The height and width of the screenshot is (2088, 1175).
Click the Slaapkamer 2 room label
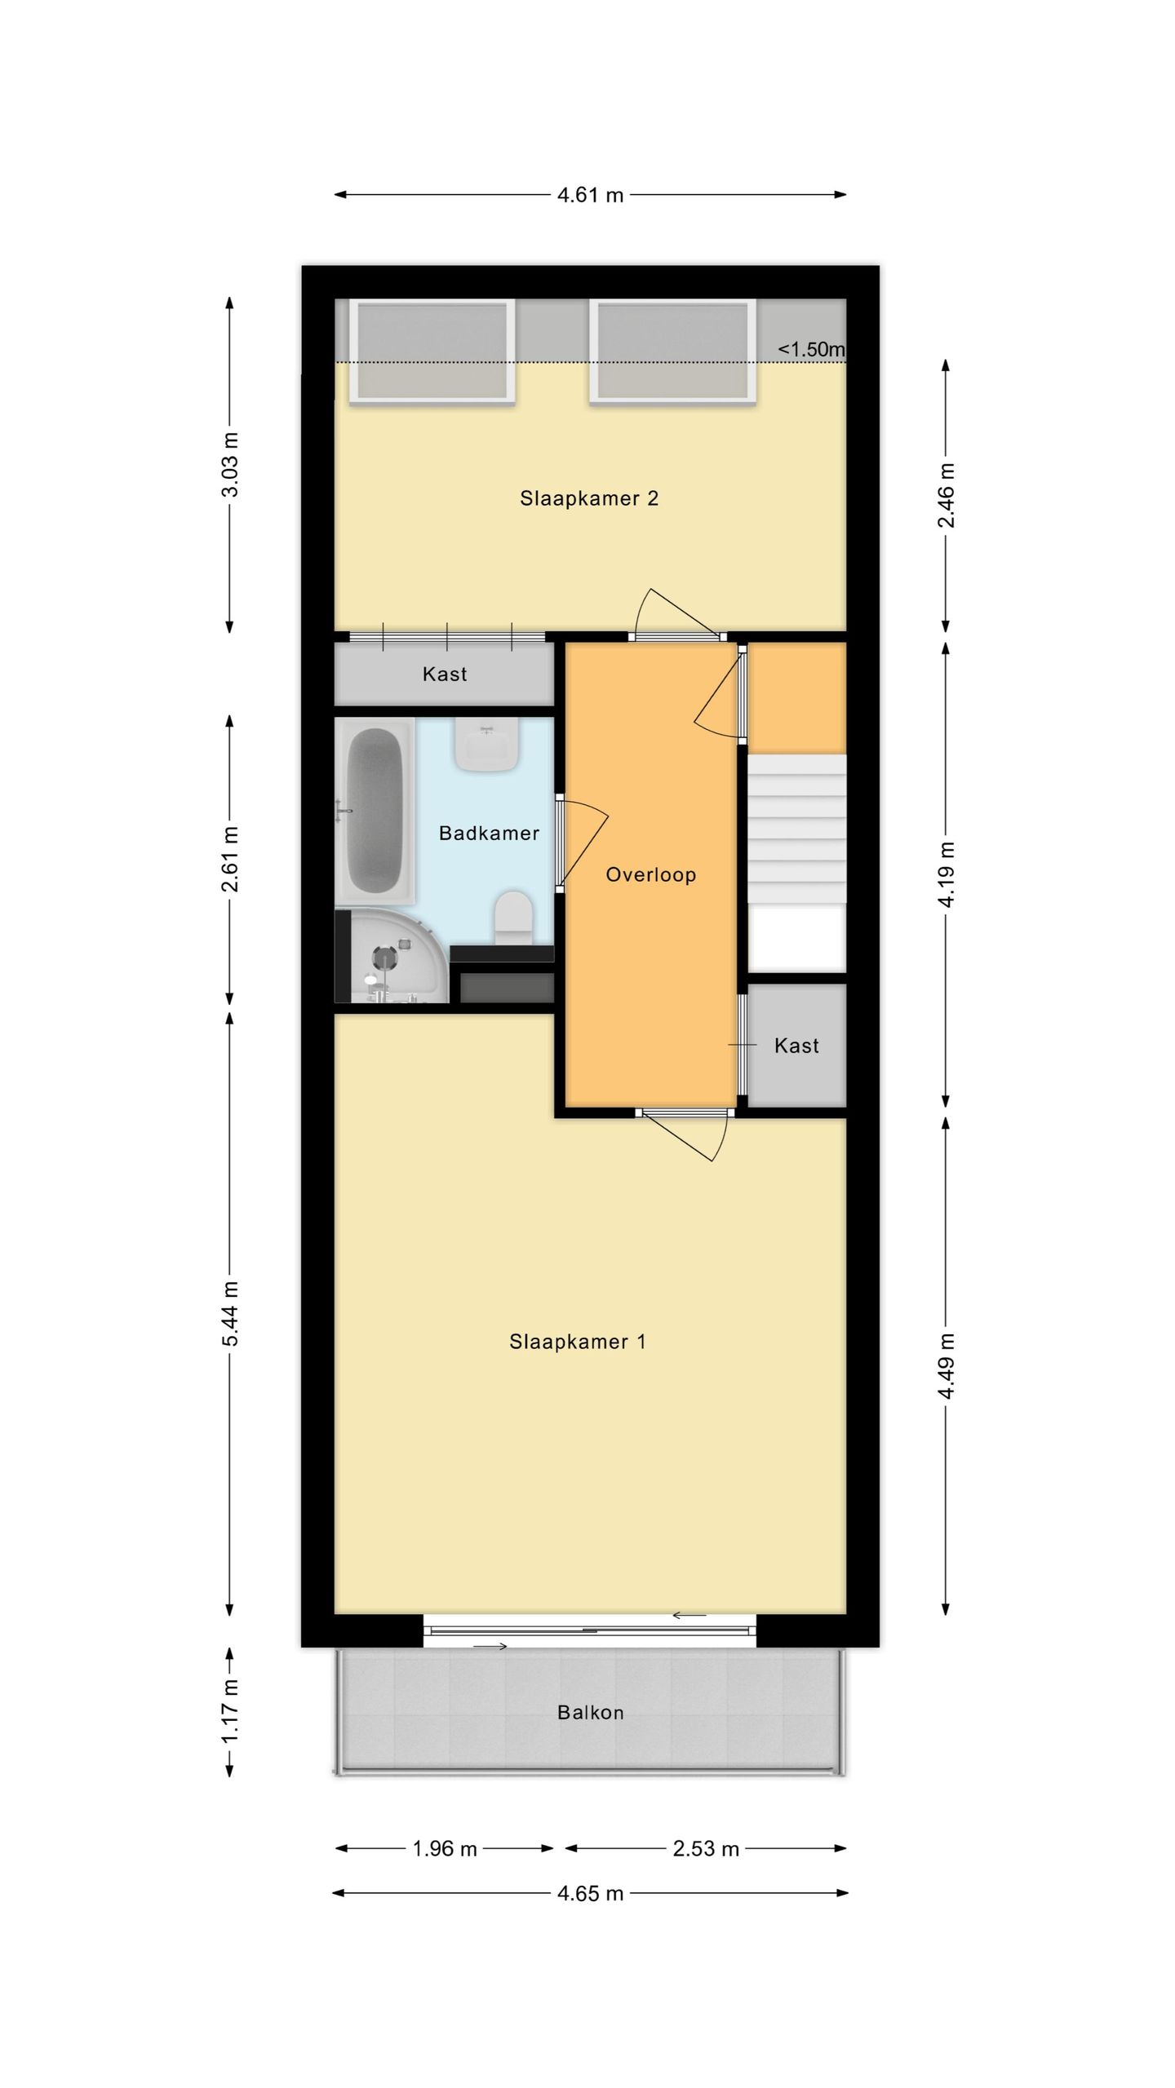tap(589, 498)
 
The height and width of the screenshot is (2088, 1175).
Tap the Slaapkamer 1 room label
tap(578, 1342)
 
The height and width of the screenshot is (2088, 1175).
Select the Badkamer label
tap(489, 833)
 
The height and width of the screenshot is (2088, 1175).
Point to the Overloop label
tap(650, 875)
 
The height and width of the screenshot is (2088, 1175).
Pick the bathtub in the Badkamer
tap(376, 812)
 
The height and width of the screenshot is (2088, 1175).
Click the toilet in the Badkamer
tap(514, 918)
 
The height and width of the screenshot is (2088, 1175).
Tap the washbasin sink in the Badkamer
tap(487, 745)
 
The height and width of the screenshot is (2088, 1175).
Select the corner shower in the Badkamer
tap(392, 956)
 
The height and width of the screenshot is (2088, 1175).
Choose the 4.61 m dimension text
tap(590, 195)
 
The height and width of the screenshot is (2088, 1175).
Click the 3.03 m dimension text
tap(231, 464)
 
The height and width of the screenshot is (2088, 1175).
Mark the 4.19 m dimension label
tap(946, 874)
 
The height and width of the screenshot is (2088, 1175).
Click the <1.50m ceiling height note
tap(811, 349)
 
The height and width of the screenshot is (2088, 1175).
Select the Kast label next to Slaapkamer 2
tap(445, 674)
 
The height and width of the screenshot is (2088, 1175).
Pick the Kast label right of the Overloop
tap(796, 1046)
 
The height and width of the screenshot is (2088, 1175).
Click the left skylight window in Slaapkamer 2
tap(432, 352)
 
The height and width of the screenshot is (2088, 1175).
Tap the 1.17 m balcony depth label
tap(231, 1710)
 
